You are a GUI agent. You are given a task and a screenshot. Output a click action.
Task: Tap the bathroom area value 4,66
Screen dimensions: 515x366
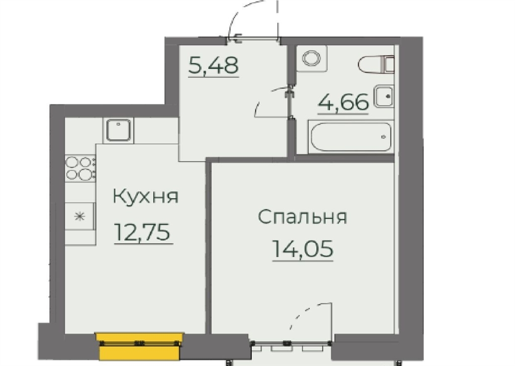pyautogui.click(x=343, y=102)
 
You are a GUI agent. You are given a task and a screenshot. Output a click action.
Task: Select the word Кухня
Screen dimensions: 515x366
pyautogui.click(x=145, y=196)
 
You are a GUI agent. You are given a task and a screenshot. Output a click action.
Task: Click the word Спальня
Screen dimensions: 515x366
pyautogui.click(x=302, y=216)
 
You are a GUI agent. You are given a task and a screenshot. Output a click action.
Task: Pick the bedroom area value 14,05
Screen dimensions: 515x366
pyautogui.click(x=302, y=249)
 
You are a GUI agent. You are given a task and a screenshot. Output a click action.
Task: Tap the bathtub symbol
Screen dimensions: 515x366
pyautogui.click(x=351, y=137)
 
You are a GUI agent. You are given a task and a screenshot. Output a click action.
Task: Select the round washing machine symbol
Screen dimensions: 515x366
pyautogui.click(x=311, y=58)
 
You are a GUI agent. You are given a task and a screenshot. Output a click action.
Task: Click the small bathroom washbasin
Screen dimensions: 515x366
pyautogui.click(x=384, y=96)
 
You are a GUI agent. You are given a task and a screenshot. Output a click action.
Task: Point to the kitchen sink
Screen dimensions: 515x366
pyautogui.click(x=118, y=130)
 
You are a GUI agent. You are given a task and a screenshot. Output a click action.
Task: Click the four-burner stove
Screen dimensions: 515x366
pyautogui.click(x=80, y=168)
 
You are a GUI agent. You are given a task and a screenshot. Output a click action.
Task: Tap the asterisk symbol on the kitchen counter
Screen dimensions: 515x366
pyautogui.click(x=79, y=216)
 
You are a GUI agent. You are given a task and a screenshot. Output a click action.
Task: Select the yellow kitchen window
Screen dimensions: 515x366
pyautogui.click(x=139, y=346)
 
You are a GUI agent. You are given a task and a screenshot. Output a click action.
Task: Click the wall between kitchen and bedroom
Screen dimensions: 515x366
pyautogui.click(x=208, y=246)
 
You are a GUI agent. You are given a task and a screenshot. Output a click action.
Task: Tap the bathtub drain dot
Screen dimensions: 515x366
pyautogui.click(x=383, y=137)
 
